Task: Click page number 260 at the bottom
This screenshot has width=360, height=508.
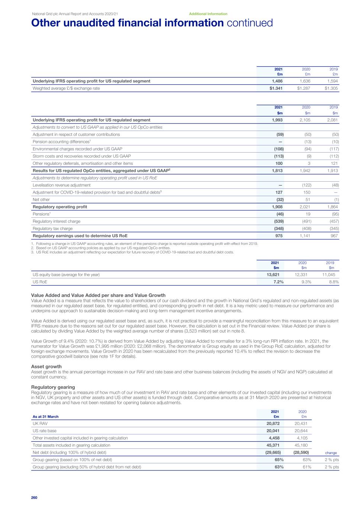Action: pos(35,498)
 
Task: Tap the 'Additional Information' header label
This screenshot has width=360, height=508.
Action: pos(208,14)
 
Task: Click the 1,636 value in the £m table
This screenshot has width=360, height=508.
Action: pos(305,81)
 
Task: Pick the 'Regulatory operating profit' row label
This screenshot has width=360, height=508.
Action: pos(60,207)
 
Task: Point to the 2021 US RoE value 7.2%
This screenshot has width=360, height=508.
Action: pos(277,282)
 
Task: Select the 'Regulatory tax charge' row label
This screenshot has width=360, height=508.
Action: pos(52,229)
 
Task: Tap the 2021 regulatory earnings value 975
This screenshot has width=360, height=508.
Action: pos(279,236)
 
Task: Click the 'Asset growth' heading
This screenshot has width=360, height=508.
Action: pos(46,367)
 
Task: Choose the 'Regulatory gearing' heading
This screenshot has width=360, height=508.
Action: pos(53,387)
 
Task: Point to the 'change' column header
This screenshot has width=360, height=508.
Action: pos(331,453)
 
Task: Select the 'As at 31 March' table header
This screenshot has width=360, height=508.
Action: pos(46,416)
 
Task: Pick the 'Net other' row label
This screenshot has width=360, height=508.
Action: pos(42,199)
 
